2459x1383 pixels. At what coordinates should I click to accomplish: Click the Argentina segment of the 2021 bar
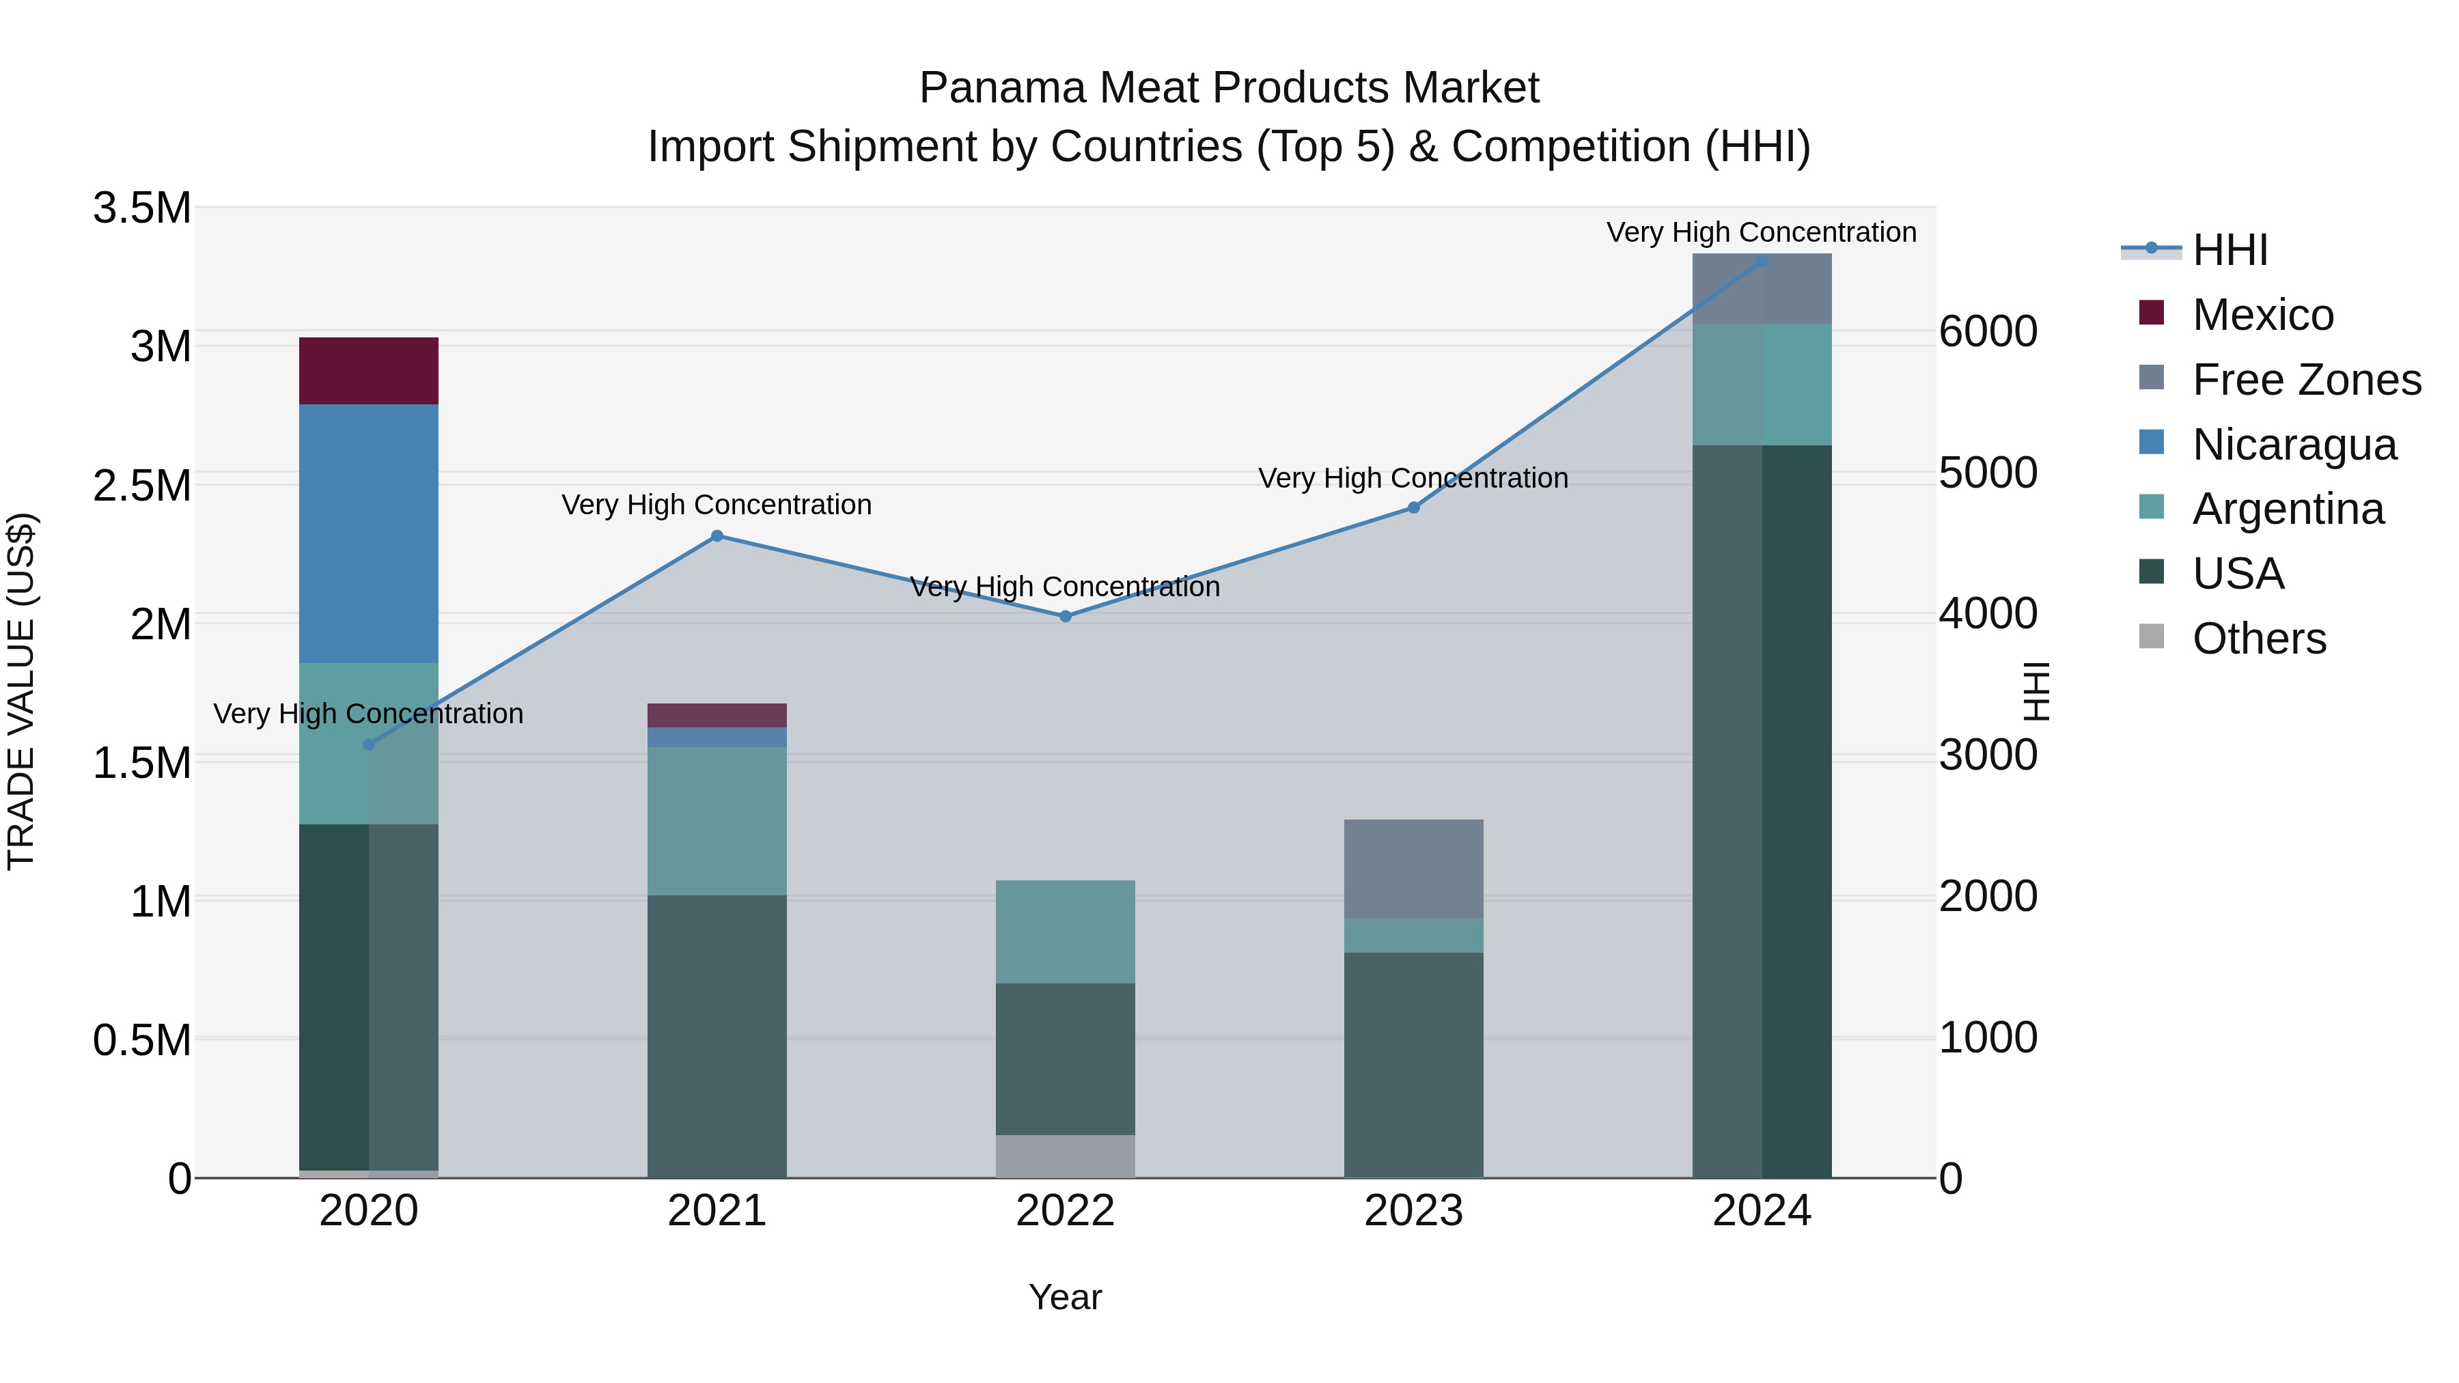click(717, 821)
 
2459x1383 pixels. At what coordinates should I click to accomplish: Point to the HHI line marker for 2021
click(717, 535)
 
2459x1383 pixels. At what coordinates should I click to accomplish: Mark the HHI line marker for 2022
click(1066, 617)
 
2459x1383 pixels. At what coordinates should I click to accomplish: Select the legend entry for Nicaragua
click(2293, 445)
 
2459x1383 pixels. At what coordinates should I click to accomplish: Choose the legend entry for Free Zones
click(2305, 380)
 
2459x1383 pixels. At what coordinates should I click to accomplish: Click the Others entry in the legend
click(2259, 639)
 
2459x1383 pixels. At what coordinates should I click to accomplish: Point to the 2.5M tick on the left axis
click(142, 486)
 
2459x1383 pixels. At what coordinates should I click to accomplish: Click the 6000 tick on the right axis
click(1988, 332)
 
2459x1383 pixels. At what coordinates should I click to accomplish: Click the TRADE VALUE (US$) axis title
click(21, 691)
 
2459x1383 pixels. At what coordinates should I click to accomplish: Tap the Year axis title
click(1066, 1297)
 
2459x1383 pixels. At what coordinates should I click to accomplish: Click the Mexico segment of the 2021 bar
click(717, 715)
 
